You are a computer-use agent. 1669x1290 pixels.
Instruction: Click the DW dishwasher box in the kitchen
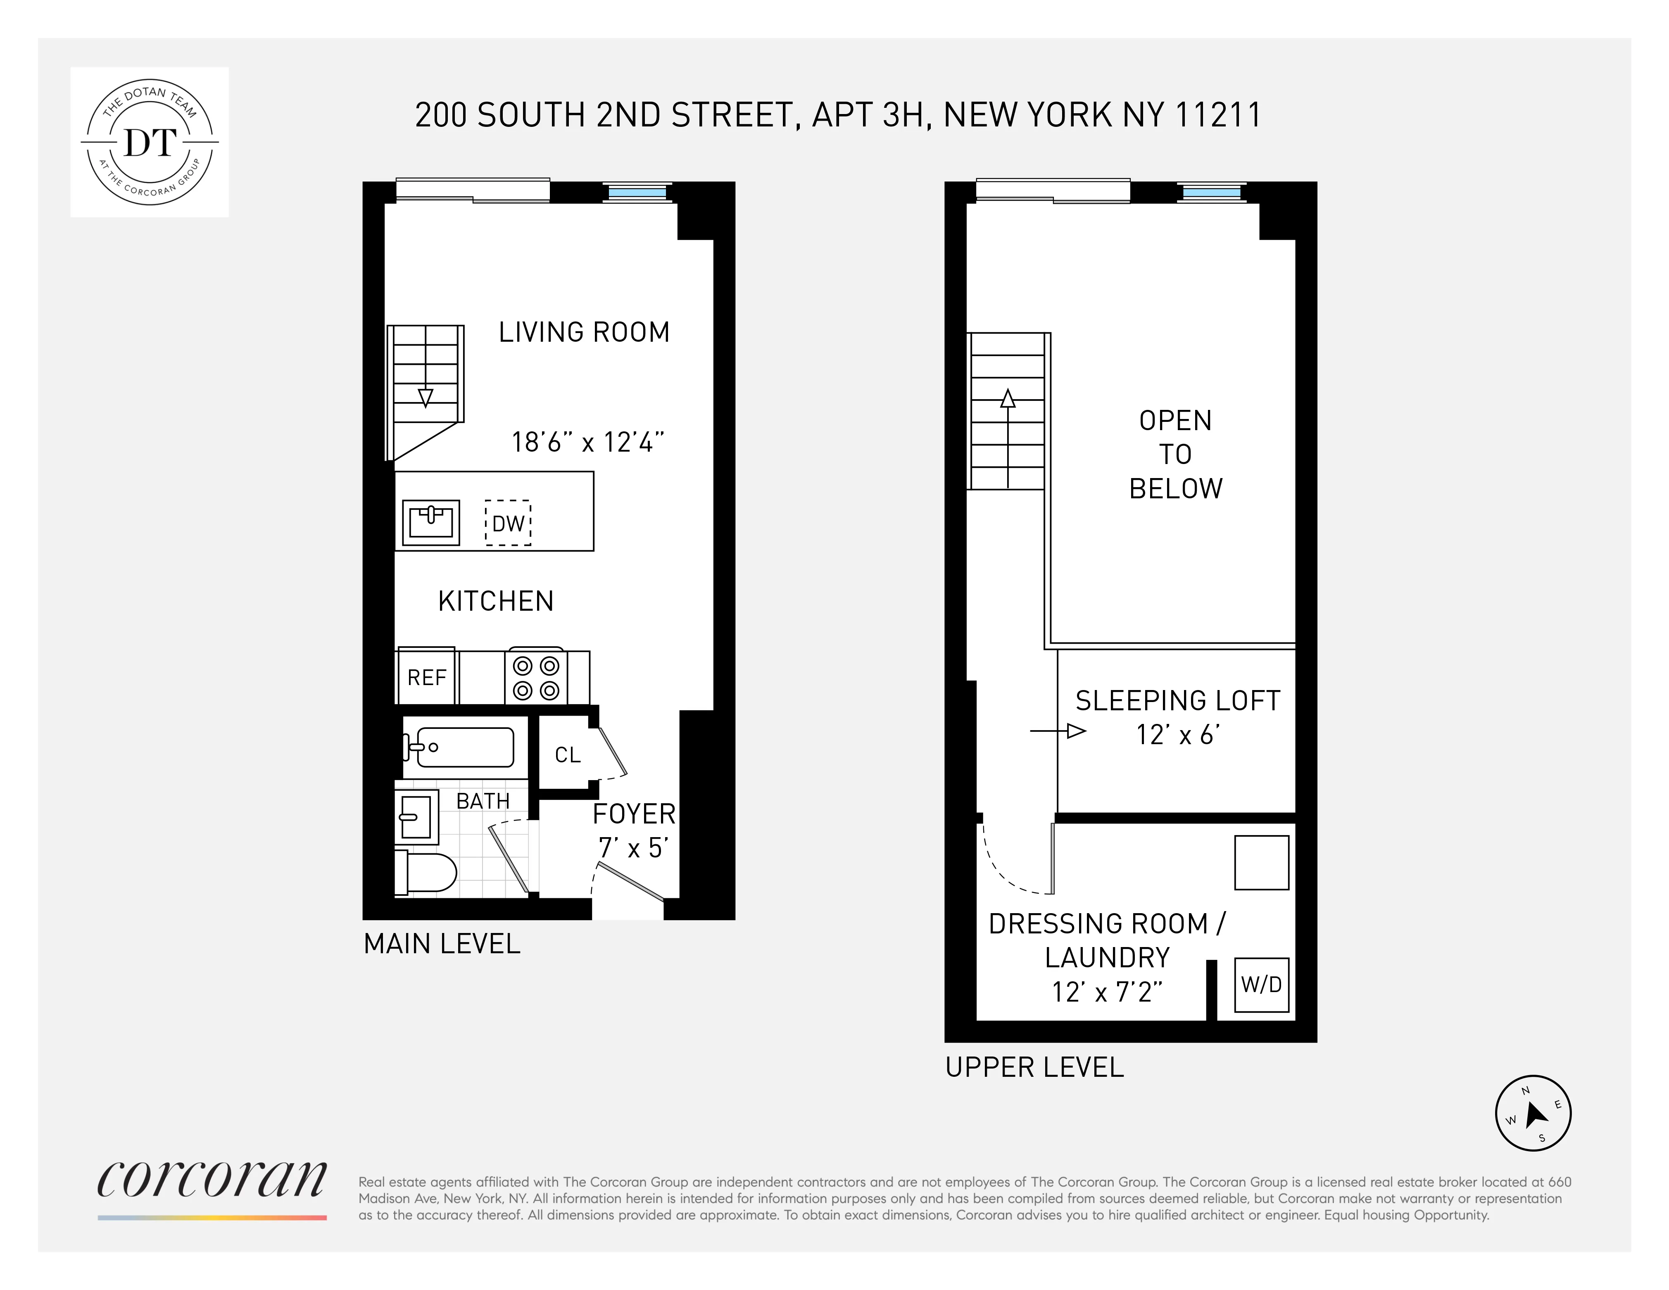point(508,524)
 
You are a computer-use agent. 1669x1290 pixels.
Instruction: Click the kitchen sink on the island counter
point(431,523)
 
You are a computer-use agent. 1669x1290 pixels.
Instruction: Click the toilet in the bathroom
point(426,872)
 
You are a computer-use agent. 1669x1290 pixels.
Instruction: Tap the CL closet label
point(567,755)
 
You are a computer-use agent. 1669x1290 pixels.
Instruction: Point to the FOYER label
point(633,814)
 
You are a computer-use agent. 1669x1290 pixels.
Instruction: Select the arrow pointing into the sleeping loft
point(1058,731)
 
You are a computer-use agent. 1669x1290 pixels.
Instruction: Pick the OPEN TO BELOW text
point(1175,454)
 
